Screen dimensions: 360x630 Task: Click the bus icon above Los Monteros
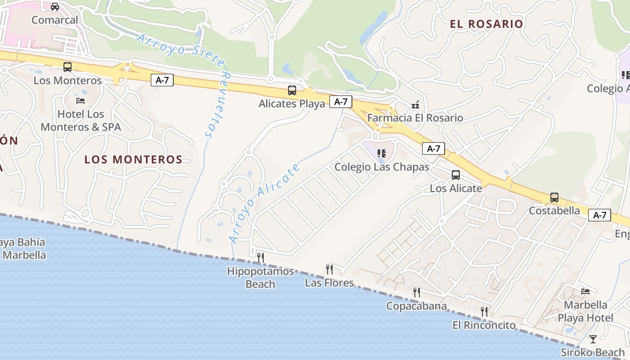pyautogui.click(x=67, y=67)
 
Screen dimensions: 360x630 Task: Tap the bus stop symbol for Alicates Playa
pyautogui.click(x=292, y=90)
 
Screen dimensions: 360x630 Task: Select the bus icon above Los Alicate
pyautogui.click(x=456, y=175)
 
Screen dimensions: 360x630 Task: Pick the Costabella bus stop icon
pyautogui.click(x=554, y=197)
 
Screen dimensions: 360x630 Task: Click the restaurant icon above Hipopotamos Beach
pyautogui.click(x=260, y=257)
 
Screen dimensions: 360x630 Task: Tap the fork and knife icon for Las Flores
pyautogui.click(x=329, y=269)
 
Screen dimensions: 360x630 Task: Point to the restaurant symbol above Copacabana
pyautogui.click(x=417, y=292)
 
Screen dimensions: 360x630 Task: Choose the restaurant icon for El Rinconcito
pyautogui.click(x=484, y=311)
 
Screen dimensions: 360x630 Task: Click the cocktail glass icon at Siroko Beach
pyautogui.click(x=593, y=339)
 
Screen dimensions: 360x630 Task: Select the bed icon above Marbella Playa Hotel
pyautogui.click(x=585, y=292)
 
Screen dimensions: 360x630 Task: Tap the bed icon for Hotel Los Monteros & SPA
pyautogui.click(x=81, y=100)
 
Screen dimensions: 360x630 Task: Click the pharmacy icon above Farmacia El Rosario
pyautogui.click(x=415, y=104)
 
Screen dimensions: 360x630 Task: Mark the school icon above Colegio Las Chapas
pyautogui.click(x=382, y=153)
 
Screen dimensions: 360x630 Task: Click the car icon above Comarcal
pyautogui.click(x=55, y=7)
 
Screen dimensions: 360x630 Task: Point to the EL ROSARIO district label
pyautogui.click(x=486, y=24)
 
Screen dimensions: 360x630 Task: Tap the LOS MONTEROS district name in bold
pyautogui.click(x=133, y=159)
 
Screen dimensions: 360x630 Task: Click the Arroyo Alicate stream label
pyautogui.click(x=265, y=203)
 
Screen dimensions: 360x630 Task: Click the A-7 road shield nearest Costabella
pyautogui.click(x=599, y=215)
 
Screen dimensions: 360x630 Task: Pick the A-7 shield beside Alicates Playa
pyautogui.click(x=341, y=102)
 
